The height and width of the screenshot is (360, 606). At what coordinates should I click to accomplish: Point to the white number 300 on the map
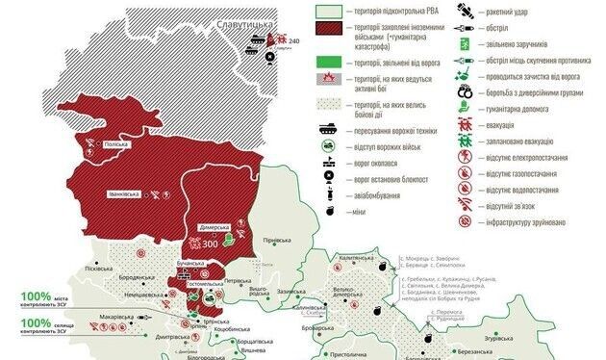pyautogui.click(x=210, y=244)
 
